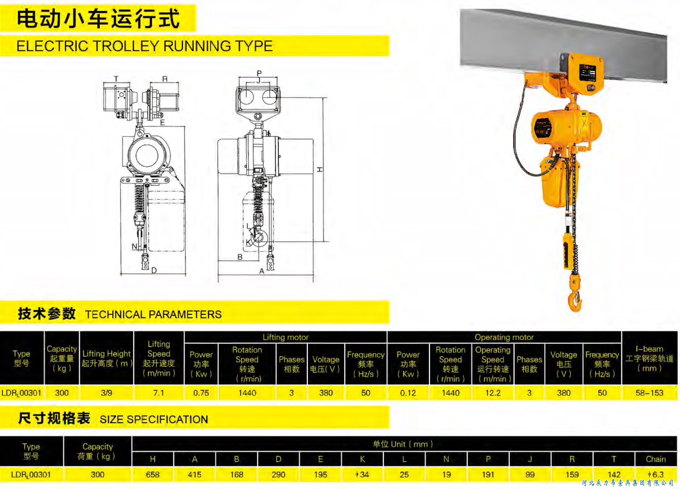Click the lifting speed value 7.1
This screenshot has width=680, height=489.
pyautogui.click(x=158, y=393)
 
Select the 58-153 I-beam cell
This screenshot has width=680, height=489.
pyautogui.click(x=649, y=393)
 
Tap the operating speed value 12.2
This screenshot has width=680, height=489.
pyautogui.click(x=492, y=393)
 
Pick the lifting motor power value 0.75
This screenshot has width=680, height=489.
pyautogui.click(x=201, y=393)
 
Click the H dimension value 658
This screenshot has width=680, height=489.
pyautogui.click(x=152, y=474)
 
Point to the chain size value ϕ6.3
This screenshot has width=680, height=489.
pyautogui.click(x=655, y=474)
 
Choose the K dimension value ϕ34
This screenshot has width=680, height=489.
pyautogui.click(x=362, y=474)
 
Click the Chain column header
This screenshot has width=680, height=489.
pyautogui.click(x=655, y=459)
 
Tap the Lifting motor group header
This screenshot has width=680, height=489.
pyautogui.click(x=285, y=337)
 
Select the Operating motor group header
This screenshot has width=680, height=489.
pyautogui.click(x=504, y=337)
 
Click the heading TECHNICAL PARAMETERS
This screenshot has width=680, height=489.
pyautogui.click(x=153, y=314)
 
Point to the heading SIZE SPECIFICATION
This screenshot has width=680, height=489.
pyautogui.click(x=154, y=419)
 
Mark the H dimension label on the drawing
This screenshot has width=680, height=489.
pyautogui.click(x=320, y=169)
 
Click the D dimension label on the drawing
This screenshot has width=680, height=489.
pyautogui.click(x=154, y=270)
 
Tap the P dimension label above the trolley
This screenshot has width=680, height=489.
pyautogui.click(x=259, y=73)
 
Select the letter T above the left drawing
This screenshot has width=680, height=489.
pyautogui.click(x=116, y=79)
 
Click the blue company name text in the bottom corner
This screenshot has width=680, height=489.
pyautogui.click(x=628, y=483)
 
